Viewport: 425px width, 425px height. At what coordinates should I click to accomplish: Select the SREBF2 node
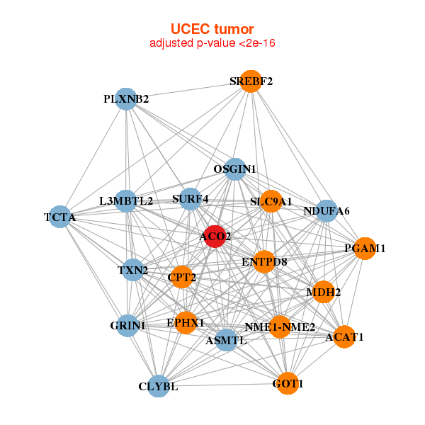(x=250, y=81)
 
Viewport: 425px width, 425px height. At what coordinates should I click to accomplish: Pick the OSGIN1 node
(x=235, y=169)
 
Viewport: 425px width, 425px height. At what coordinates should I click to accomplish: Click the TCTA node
(x=62, y=216)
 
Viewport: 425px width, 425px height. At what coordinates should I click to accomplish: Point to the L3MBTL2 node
(x=126, y=201)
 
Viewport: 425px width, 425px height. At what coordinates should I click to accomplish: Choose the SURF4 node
(x=191, y=199)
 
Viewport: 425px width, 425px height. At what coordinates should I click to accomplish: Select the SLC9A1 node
(x=271, y=201)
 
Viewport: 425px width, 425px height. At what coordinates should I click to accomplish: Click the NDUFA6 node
(x=326, y=210)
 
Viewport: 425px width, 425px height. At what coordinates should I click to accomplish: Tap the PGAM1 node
(x=364, y=249)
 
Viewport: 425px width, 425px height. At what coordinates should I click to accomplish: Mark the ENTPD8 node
(x=264, y=261)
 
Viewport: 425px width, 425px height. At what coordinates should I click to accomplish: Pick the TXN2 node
(x=133, y=270)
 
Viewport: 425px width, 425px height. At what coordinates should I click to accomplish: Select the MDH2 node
(x=323, y=292)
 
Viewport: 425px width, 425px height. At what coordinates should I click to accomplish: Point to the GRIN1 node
(x=128, y=325)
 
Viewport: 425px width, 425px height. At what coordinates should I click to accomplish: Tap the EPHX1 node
(x=186, y=322)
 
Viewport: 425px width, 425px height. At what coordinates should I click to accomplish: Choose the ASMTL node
(x=226, y=340)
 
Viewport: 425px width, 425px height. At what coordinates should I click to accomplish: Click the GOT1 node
(x=287, y=383)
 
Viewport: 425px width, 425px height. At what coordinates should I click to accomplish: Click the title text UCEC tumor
(x=212, y=29)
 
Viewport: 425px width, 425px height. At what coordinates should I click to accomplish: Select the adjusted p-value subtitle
(x=212, y=44)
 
